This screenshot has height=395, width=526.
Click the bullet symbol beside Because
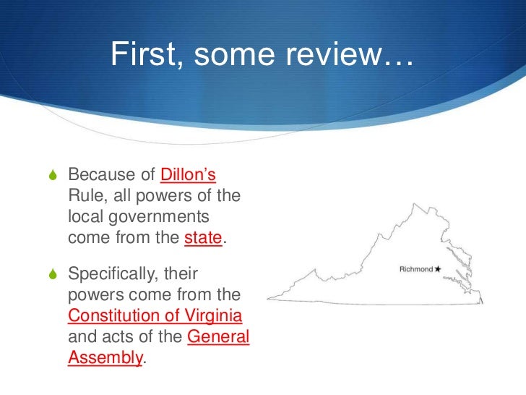point(50,176)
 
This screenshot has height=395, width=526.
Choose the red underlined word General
point(217,338)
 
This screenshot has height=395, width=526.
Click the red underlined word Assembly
point(105,358)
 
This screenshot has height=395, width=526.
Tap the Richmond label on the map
point(415,269)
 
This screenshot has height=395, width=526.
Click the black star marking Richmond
point(438,269)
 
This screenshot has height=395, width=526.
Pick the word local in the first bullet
point(84,217)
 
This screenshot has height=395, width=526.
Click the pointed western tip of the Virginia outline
point(269,299)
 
